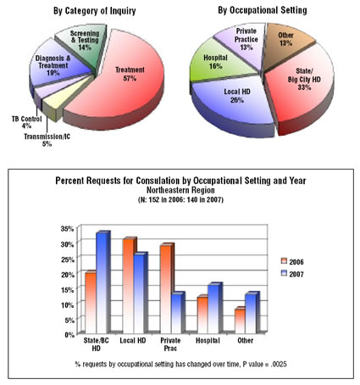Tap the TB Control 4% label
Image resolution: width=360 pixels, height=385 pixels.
tap(26, 122)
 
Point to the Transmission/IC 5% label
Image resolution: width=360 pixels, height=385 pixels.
tap(47, 140)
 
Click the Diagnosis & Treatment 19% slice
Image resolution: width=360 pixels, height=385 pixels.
tap(57, 66)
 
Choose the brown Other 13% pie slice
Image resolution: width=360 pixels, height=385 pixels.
tap(286, 42)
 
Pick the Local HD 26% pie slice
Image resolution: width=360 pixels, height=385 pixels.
tap(235, 102)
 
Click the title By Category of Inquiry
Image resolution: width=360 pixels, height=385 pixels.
tap(95, 11)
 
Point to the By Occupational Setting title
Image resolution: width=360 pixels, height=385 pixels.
tap(263, 11)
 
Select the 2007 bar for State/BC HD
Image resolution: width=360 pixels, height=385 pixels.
tap(103, 282)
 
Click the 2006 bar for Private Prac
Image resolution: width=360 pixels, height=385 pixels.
tap(167, 288)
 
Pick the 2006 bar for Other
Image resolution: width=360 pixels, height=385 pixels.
tap(241, 320)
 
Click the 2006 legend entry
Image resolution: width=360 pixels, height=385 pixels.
tap(292, 261)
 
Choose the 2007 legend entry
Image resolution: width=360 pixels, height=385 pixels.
tap(292, 274)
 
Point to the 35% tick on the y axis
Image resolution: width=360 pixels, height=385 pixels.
tap(67, 229)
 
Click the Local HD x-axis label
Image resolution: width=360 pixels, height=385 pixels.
tap(133, 341)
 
